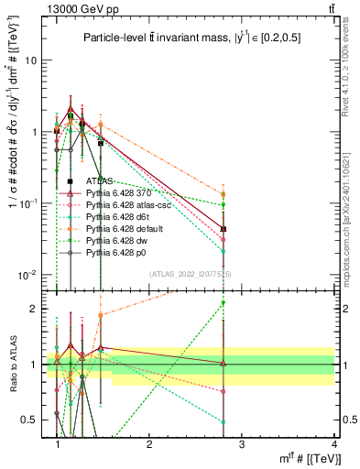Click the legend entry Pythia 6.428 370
click(x=113, y=193)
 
